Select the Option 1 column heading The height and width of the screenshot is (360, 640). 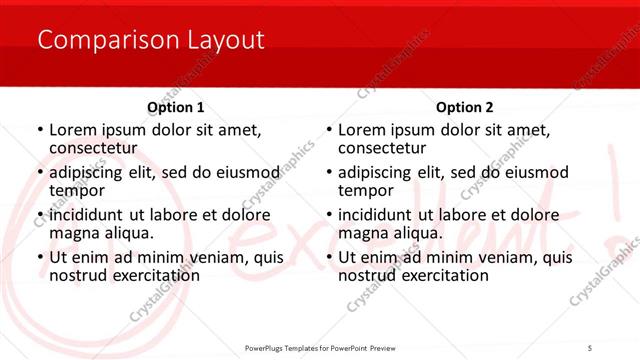pos(176,107)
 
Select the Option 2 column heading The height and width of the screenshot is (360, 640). pos(465,107)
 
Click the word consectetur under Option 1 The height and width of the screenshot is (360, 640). pos(92,148)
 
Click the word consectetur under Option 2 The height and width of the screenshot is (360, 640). pos(381,148)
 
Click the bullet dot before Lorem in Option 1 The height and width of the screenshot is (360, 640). pos(39,131)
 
